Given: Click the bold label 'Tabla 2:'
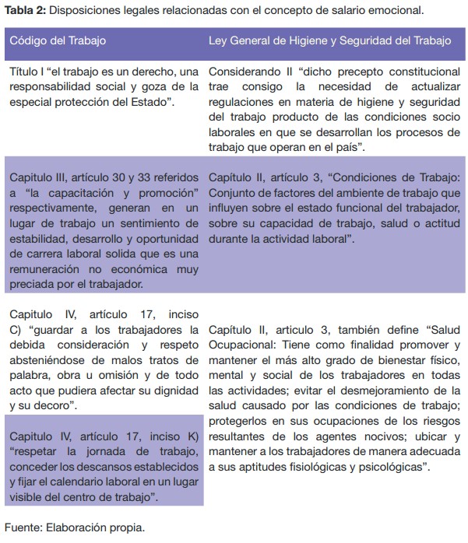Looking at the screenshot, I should click(26, 10).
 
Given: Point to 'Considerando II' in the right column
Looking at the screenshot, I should click(249, 72).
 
